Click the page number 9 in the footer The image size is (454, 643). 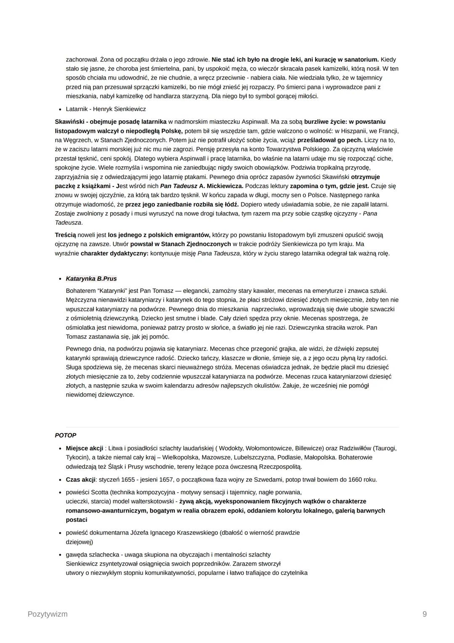[425, 614]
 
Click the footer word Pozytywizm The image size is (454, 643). [48, 614]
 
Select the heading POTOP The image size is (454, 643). [66, 435]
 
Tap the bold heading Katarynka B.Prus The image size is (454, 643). [91, 279]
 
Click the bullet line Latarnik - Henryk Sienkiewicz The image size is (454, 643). [106, 109]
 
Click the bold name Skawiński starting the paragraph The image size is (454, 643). [69, 122]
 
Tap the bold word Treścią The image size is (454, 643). [66, 235]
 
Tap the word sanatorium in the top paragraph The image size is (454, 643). [363, 59]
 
